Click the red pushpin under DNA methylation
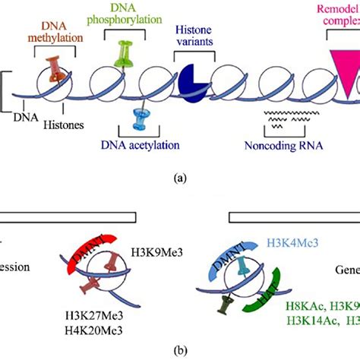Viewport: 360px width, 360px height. [x=55, y=69]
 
